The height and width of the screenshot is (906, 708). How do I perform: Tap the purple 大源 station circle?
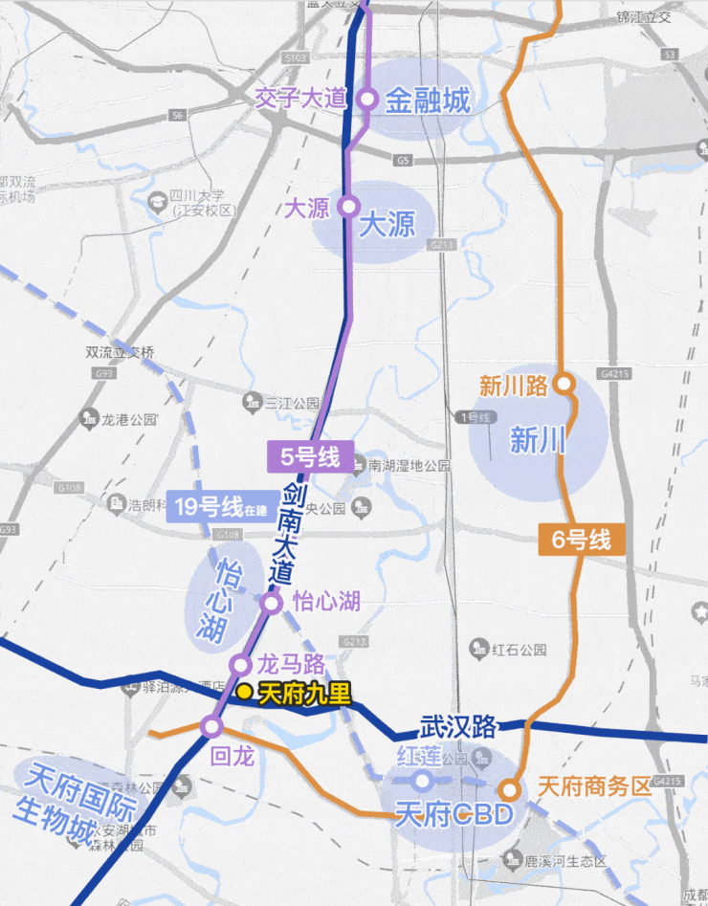click(x=348, y=206)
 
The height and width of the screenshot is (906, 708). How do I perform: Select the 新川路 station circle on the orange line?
click(x=564, y=384)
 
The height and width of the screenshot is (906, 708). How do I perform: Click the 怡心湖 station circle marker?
click(x=272, y=603)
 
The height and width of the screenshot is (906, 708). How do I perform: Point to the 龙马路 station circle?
click(x=241, y=665)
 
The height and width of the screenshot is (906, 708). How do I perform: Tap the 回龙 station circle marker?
click(x=211, y=727)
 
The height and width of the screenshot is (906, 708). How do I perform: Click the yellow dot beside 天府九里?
click(x=245, y=691)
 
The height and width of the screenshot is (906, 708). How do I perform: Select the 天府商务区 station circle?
click(x=510, y=790)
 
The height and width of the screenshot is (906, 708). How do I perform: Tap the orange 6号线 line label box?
click(x=581, y=540)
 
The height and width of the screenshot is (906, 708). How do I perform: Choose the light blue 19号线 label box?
click(x=219, y=506)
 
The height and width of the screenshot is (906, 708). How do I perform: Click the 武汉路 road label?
click(x=458, y=727)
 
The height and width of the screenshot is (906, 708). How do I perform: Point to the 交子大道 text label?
click(x=299, y=99)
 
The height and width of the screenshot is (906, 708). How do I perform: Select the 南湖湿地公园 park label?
click(x=410, y=466)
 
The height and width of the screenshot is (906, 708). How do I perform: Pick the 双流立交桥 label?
click(x=120, y=352)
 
